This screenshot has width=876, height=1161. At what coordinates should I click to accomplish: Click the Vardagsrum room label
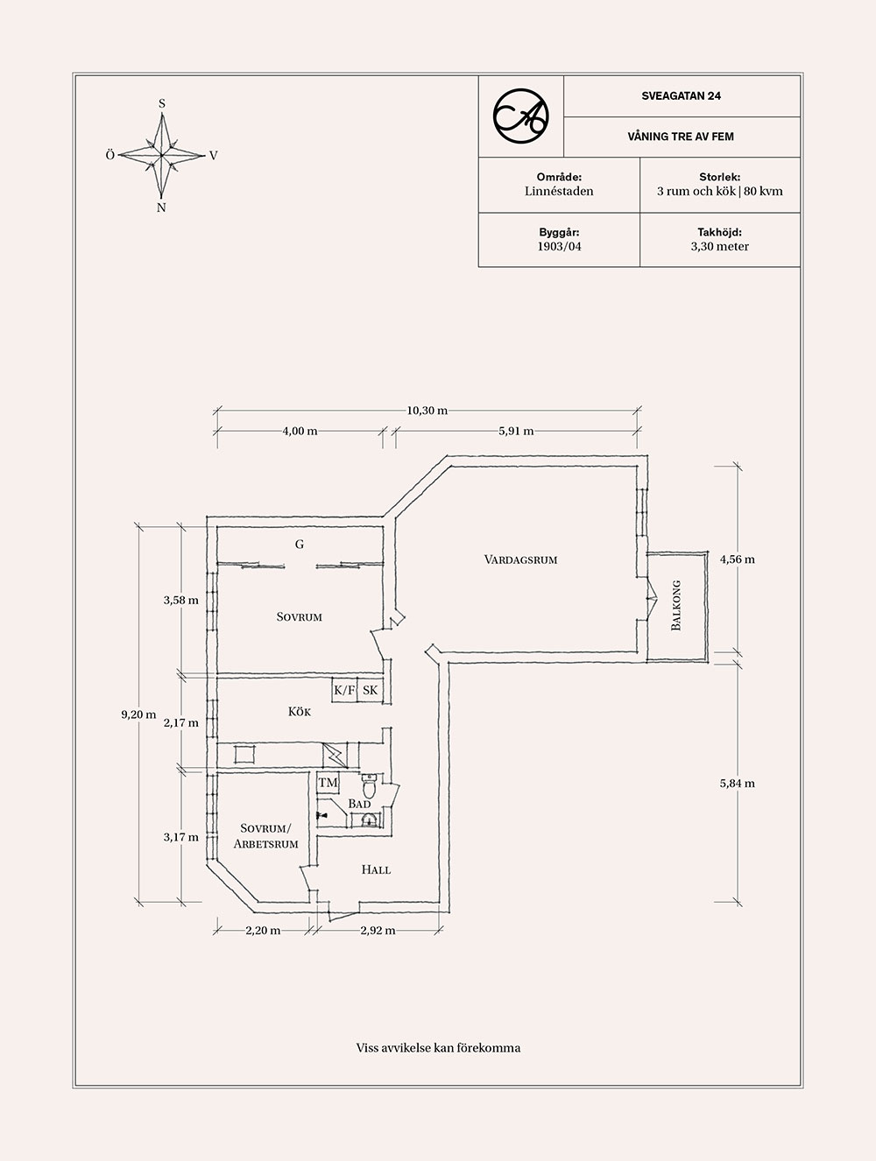(520, 559)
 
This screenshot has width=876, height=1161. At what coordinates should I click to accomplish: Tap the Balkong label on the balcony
(675, 606)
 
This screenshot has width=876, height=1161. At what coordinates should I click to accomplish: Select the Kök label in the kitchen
(300, 712)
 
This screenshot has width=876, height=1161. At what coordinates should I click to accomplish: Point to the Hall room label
(376, 869)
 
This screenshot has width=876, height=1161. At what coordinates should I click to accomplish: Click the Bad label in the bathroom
(360, 804)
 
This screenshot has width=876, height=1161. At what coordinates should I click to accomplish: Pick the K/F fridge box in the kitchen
(344, 690)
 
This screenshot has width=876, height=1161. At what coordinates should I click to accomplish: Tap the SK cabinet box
(371, 690)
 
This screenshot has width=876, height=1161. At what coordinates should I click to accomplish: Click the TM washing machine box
(328, 782)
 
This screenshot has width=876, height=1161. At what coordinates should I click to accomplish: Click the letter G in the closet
(300, 545)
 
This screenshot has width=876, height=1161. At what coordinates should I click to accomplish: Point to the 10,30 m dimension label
(427, 411)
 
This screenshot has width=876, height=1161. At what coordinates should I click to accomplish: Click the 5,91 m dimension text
(516, 431)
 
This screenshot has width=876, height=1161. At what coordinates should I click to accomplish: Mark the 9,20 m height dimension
(138, 714)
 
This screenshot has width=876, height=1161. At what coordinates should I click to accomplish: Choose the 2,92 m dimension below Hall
(378, 931)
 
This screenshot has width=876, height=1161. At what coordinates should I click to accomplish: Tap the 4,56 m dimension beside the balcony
(738, 559)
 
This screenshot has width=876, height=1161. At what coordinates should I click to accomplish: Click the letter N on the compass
(161, 208)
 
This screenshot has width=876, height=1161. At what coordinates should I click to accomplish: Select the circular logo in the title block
(520, 116)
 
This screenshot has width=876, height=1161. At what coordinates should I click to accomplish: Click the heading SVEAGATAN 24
(682, 95)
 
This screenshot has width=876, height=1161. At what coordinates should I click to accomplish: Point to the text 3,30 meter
(719, 247)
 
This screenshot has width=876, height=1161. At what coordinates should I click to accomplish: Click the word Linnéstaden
(559, 192)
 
